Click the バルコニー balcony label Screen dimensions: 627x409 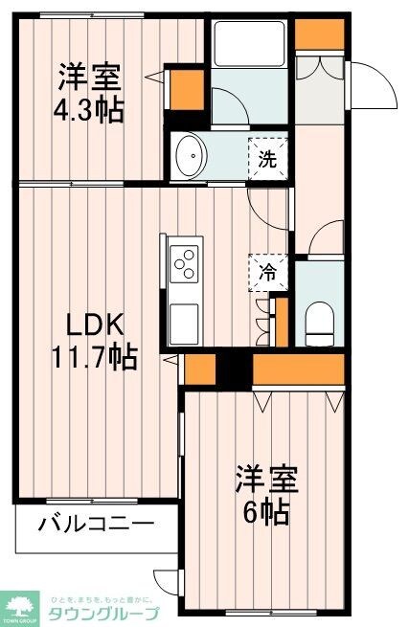click(97, 525)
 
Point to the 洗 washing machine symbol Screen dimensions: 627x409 click(268, 157)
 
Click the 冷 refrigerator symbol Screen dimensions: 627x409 click(268, 271)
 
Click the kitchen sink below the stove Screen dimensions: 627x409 click(184, 315)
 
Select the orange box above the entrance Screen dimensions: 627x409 click(312, 34)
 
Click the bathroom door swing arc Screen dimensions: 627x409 click(228, 102)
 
